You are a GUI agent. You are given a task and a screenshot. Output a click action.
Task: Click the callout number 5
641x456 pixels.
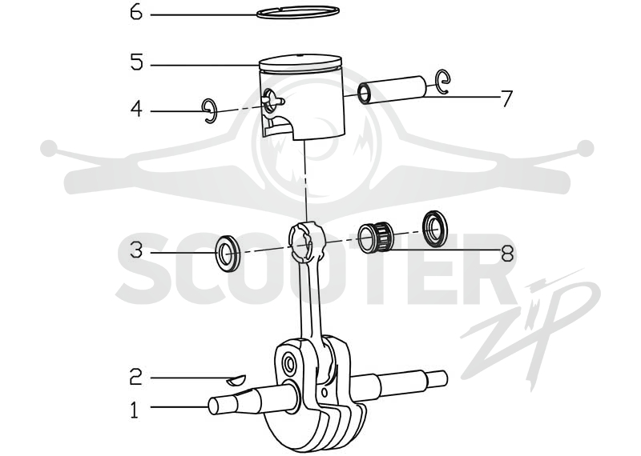(x=136, y=62)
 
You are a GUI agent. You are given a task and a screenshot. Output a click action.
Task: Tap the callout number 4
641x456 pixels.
(x=136, y=110)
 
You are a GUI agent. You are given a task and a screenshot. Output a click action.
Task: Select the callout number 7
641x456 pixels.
(x=506, y=98)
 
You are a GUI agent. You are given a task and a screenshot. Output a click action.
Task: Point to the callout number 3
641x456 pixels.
(x=136, y=250)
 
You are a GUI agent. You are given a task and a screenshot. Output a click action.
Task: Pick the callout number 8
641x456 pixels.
(x=507, y=253)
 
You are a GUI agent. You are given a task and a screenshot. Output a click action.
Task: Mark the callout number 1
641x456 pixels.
(x=135, y=410)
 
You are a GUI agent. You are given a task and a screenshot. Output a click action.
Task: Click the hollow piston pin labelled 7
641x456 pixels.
(x=392, y=90)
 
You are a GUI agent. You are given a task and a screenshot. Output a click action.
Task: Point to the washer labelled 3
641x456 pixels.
(x=228, y=253)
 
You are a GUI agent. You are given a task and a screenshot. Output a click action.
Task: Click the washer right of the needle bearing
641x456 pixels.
(x=434, y=229)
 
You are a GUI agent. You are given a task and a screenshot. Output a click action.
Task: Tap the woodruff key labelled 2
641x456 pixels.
(x=236, y=380)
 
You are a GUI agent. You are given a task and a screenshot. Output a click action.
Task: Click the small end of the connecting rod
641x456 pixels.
(x=306, y=242)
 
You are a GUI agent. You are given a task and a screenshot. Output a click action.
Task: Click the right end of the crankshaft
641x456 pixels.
(x=437, y=379)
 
